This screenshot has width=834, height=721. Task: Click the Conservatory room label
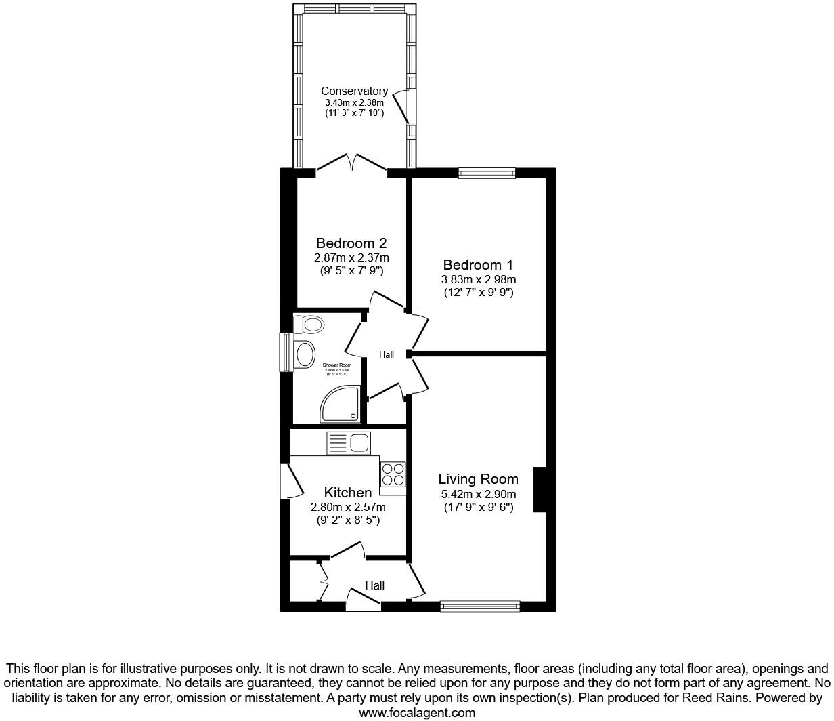tap(354, 91)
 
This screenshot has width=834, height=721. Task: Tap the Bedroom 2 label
tap(351, 243)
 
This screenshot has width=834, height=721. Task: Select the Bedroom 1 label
tap(479, 264)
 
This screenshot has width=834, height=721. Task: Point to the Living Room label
tap(478, 479)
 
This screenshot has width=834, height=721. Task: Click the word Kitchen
tap(347, 493)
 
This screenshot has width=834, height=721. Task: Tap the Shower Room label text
tap(336, 365)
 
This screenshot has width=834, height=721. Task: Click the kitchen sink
tap(349, 443)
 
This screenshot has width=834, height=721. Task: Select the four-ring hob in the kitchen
tap(393, 474)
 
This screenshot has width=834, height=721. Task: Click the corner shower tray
tap(341, 405)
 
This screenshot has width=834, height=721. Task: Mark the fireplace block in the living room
tap(540, 489)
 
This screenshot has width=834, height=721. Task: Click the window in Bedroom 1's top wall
tap(486, 173)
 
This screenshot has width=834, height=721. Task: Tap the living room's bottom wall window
tap(480, 606)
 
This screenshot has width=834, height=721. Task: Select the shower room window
tap(286, 352)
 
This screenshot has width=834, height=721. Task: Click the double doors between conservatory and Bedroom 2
tap(351, 163)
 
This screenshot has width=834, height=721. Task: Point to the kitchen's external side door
tap(290, 480)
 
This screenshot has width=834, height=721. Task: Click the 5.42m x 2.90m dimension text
tap(478, 495)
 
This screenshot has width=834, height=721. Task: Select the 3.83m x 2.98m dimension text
tap(479, 279)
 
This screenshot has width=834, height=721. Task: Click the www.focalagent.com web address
tap(416, 712)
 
